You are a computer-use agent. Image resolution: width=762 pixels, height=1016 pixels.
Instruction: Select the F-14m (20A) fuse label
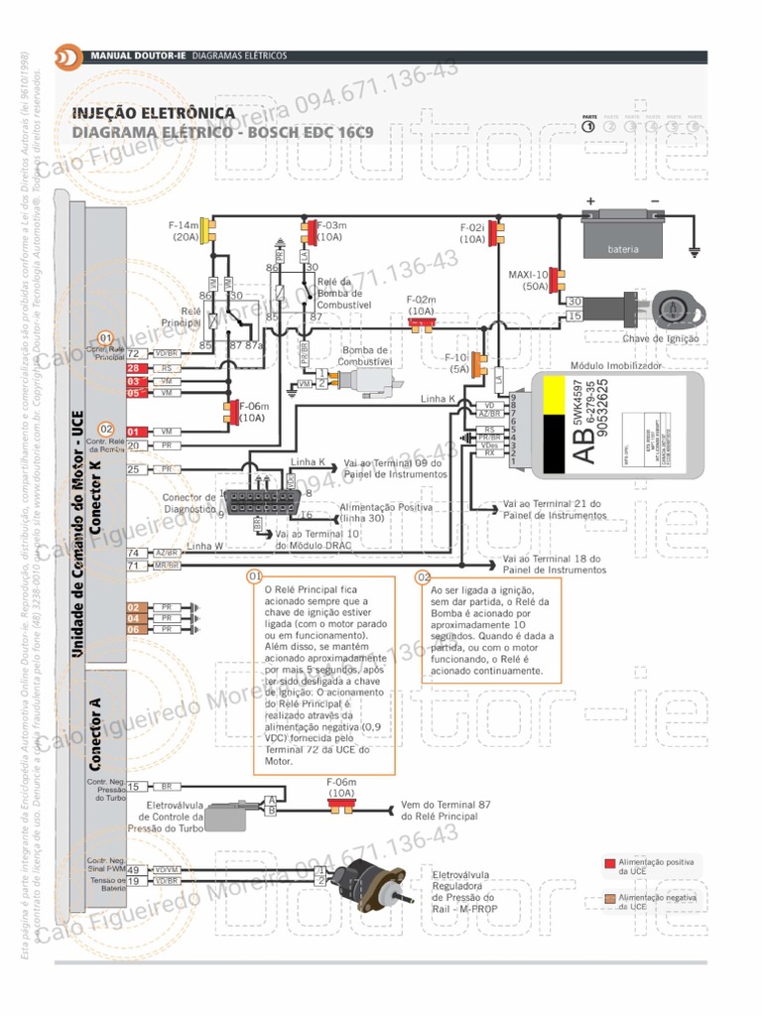185,231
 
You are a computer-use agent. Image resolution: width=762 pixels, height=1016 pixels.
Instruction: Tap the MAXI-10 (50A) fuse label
528,280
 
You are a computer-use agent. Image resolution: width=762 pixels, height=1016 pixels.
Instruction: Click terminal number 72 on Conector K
133,353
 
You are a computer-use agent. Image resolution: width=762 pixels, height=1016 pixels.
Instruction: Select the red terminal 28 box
136,368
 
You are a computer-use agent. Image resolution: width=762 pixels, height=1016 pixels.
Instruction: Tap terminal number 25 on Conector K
133,469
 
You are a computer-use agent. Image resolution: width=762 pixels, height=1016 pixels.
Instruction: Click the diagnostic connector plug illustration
255,501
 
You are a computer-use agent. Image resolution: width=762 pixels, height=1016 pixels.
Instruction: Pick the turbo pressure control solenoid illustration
231,816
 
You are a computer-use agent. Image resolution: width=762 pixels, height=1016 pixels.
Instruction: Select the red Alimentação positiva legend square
610,864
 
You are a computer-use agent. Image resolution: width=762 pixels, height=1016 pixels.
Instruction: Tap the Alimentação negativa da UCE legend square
610,900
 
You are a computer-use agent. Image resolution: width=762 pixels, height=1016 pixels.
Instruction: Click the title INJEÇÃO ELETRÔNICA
154,113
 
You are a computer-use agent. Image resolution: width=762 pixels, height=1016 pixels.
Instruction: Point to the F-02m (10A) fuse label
422,305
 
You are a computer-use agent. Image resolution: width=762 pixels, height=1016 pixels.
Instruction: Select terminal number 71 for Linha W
133,566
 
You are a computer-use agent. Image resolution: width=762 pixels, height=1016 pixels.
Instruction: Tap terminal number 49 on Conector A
133,869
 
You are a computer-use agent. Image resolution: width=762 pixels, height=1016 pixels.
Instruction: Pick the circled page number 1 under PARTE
588,126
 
